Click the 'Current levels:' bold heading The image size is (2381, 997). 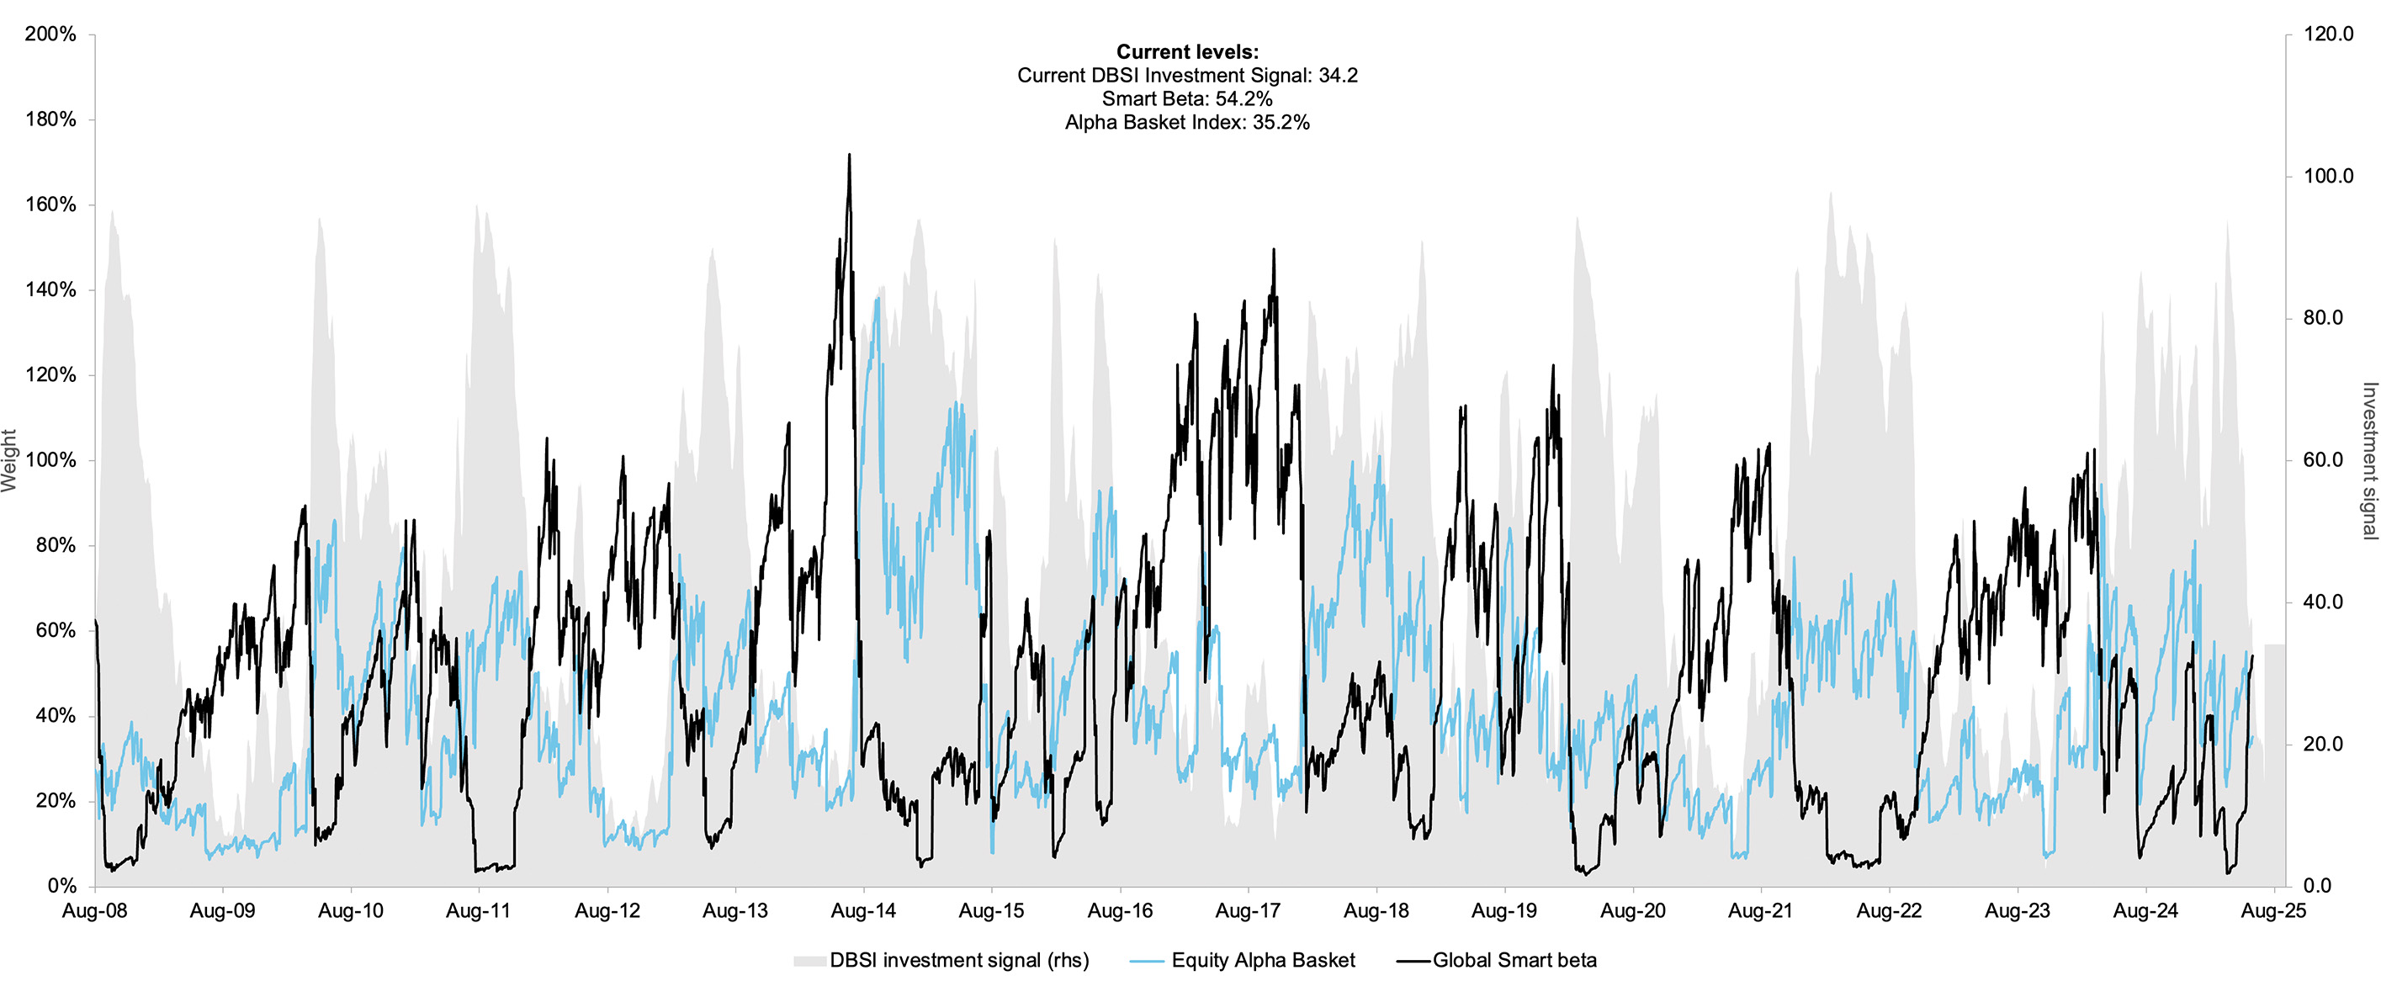1187,52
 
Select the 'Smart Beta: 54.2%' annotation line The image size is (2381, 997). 1187,99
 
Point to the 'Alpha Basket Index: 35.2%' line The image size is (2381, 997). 1187,122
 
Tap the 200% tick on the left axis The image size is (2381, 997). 50,34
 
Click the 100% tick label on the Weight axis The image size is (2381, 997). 50,460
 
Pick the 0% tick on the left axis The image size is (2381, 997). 61,886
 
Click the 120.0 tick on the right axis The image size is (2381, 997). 2328,34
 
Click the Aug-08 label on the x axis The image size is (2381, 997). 94,911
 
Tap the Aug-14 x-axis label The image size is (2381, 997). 863,911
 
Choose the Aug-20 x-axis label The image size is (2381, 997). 1632,911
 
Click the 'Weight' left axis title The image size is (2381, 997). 10,460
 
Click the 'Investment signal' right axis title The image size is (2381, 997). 2369,460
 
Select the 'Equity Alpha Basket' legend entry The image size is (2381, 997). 1263,961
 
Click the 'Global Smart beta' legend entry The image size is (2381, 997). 1514,961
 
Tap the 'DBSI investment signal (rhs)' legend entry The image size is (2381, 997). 958,961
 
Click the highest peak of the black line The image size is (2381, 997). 849,156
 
